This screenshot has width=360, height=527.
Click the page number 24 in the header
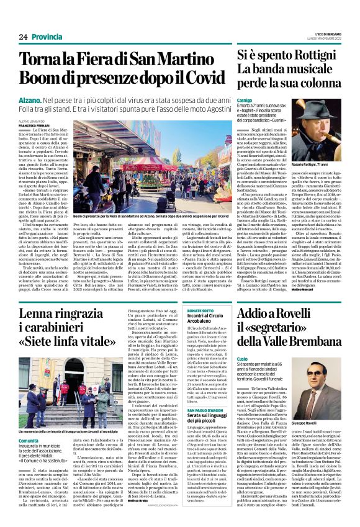(x=23, y=37)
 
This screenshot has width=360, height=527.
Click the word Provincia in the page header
(x=47, y=37)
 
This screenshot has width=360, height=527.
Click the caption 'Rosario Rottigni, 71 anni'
(x=310, y=163)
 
